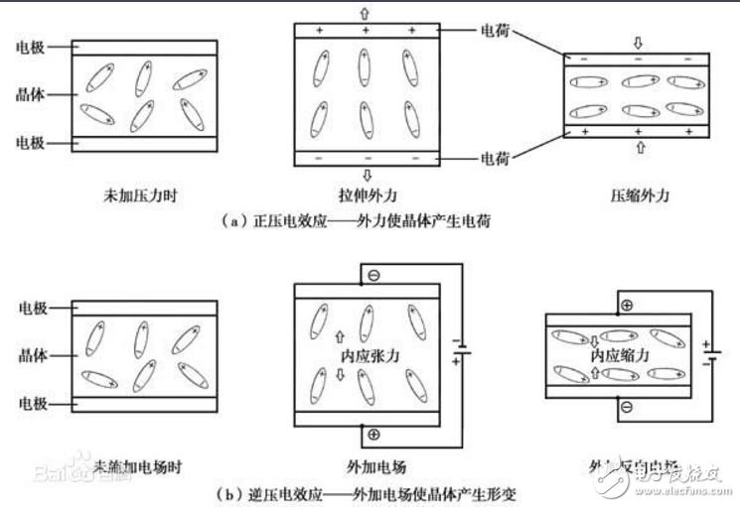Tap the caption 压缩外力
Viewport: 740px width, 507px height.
[x=636, y=195]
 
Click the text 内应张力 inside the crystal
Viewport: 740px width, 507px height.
[x=367, y=353]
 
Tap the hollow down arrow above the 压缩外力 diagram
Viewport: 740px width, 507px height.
[x=638, y=44]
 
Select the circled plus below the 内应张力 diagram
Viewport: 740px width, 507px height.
[x=372, y=434]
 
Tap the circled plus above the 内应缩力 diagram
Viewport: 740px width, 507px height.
[x=627, y=305]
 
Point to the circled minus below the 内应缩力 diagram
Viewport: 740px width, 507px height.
[x=627, y=408]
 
